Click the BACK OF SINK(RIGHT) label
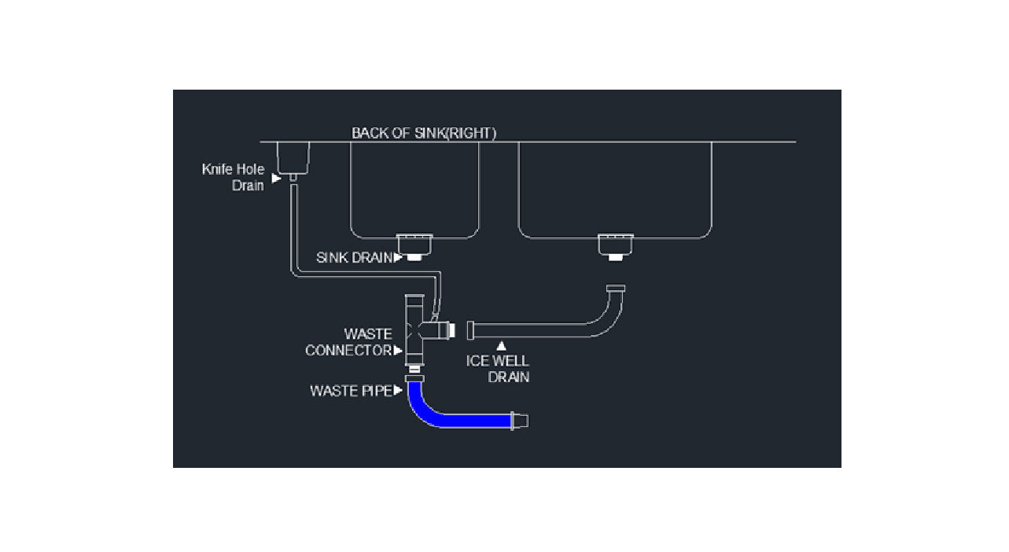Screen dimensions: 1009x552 point(423,133)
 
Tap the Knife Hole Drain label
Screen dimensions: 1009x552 point(233,178)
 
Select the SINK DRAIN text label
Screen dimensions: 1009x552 point(354,258)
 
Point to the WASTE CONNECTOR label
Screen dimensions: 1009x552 point(348,342)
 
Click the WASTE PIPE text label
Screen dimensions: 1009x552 point(351,391)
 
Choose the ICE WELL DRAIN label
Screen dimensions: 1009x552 point(498,369)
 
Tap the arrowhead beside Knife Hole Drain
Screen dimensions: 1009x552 point(277,178)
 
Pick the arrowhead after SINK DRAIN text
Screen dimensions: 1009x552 point(398,258)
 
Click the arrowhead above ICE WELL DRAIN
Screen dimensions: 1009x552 point(501,346)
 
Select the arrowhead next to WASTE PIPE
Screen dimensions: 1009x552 point(398,390)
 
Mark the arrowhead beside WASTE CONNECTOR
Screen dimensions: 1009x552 point(398,350)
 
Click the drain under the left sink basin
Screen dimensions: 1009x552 point(414,247)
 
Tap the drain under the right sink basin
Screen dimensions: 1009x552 point(615,247)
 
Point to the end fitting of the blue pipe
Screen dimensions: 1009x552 point(520,421)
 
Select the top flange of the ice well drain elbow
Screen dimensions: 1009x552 point(615,288)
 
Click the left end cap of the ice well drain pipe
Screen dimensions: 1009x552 point(470,330)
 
